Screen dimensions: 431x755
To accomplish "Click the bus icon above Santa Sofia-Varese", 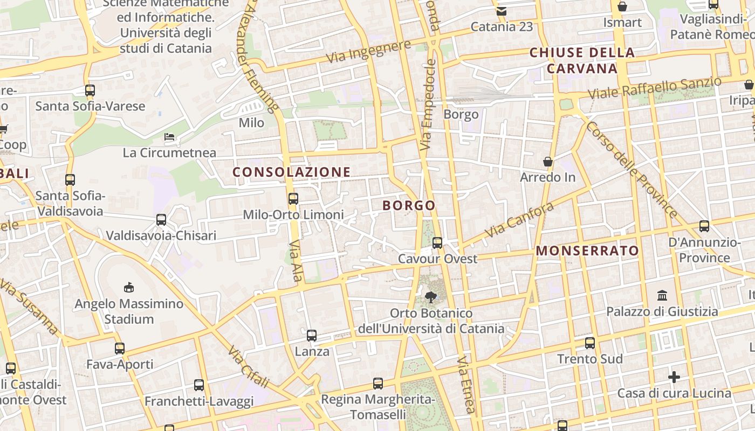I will tap(90, 91).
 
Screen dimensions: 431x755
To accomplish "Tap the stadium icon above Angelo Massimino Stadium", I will tap(128, 287).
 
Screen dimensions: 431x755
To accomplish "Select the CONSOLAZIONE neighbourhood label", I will tap(291, 172).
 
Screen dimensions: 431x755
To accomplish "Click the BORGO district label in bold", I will tap(409, 205).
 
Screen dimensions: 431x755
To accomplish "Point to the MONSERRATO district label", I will tap(587, 251).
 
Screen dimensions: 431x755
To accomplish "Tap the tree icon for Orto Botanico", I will tap(430, 296).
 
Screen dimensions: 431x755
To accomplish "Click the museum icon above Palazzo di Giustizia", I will tap(662, 295).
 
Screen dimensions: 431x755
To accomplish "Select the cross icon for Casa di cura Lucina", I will tap(674, 377).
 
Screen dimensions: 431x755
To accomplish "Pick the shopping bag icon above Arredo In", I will tap(548, 162).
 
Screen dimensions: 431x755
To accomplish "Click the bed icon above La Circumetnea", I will tap(169, 137).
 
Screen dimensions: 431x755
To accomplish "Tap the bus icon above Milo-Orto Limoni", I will tap(293, 199).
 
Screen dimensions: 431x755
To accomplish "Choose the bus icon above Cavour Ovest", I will tap(437, 243).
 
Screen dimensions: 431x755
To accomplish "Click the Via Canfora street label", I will tap(519, 220).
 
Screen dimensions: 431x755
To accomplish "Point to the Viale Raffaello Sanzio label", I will tap(654, 88).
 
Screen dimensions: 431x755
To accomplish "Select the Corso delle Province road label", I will tap(632, 169).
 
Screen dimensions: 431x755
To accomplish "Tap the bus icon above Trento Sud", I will tap(590, 343).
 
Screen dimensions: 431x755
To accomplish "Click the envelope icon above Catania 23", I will tap(502, 11).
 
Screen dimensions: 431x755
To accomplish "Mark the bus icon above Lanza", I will tap(312, 336).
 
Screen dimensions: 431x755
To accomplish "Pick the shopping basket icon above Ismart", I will tap(622, 6).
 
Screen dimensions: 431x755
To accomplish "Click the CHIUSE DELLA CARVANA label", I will tap(582, 60).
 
